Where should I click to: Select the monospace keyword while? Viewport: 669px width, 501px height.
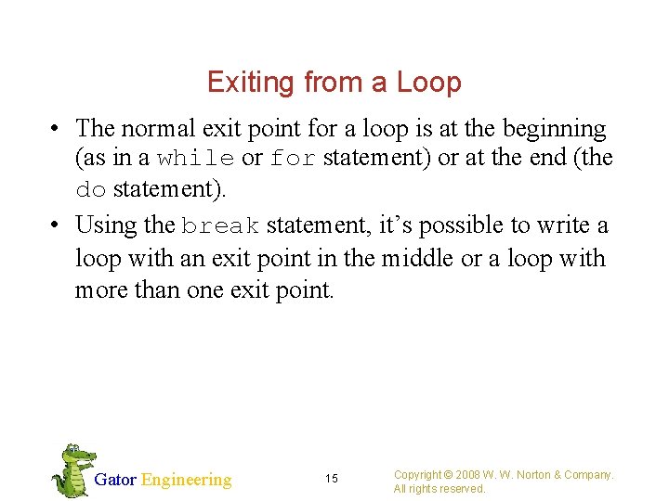[196, 159]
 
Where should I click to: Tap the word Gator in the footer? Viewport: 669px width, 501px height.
[115, 480]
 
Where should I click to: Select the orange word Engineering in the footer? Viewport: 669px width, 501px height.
[186, 480]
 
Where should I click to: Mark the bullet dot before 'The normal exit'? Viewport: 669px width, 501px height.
[58, 129]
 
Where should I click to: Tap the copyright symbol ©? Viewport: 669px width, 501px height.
[448, 475]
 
